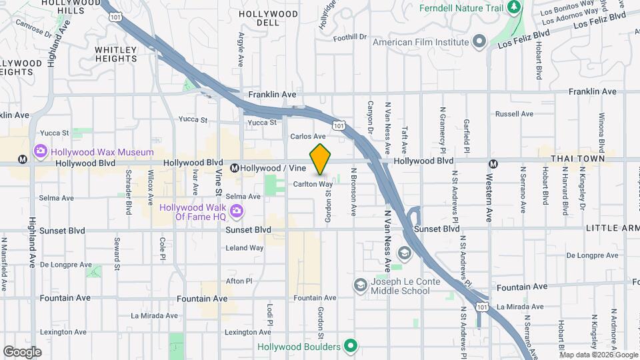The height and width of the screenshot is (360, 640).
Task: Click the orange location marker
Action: (x=321, y=159)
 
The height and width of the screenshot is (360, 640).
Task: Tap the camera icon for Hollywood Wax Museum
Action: (x=40, y=152)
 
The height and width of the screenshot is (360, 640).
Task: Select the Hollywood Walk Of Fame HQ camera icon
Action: (x=235, y=212)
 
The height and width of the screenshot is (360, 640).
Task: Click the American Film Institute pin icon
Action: (x=479, y=42)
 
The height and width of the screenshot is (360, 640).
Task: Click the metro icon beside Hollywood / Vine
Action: (x=235, y=169)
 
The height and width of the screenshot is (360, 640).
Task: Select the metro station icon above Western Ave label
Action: (x=493, y=164)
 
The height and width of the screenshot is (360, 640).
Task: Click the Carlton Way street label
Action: (x=313, y=184)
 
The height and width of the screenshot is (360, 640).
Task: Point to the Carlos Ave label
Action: (x=307, y=136)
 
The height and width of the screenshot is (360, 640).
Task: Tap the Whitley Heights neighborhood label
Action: (x=116, y=54)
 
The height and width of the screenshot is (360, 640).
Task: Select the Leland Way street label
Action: (x=245, y=248)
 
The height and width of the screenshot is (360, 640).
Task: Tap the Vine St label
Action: (x=219, y=181)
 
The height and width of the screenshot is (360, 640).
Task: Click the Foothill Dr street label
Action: (x=351, y=37)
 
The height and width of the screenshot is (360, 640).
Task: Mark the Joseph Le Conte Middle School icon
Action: (x=361, y=285)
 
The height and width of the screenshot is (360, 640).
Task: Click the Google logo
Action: (x=22, y=351)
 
